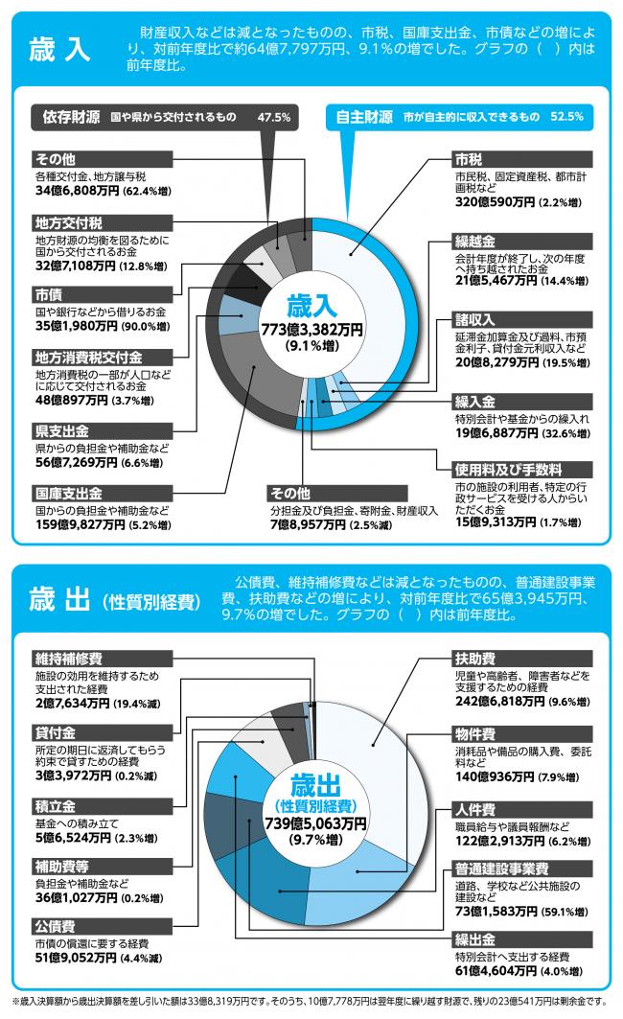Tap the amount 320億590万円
[x=495, y=203]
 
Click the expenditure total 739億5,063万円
[x=315, y=822]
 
